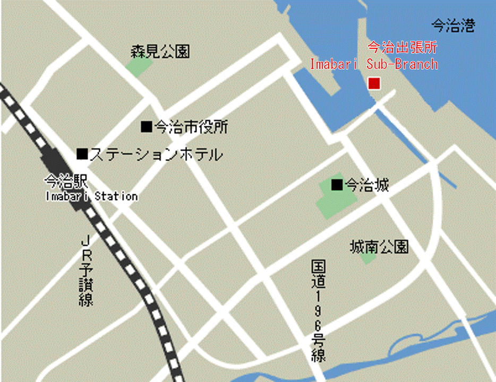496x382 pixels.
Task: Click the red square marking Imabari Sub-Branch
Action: click(x=374, y=83)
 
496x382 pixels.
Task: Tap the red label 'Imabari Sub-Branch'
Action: click(x=374, y=64)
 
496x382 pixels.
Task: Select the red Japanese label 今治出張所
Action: click(x=403, y=47)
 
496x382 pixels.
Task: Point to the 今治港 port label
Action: click(x=452, y=26)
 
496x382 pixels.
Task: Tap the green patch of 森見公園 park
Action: click(x=139, y=66)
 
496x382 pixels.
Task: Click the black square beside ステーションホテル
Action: click(x=82, y=154)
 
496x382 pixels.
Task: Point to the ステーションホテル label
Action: click(x=155, y=154)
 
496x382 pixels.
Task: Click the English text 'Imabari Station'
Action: click(x=91, y=196)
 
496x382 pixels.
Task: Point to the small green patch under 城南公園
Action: click(x=367, y=258)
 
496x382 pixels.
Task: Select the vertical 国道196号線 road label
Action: click(x=318, y=310)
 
